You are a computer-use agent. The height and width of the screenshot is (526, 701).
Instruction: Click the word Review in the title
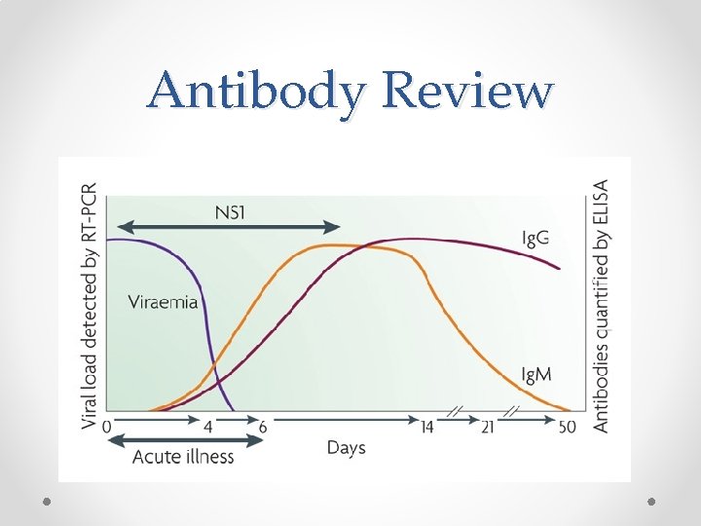click(x=468, y=91)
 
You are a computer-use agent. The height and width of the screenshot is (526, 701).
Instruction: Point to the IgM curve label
click(x=539, y=373)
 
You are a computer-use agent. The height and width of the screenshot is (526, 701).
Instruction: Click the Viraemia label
click(x=163, y=301)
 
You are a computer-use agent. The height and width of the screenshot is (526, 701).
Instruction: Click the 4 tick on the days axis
click(x=207, y=426)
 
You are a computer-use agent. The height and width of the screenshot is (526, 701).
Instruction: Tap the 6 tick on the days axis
click(x=262, y=426)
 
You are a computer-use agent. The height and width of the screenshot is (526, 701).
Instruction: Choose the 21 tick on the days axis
click(x=488, y=426)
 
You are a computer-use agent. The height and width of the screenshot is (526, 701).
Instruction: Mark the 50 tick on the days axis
click(x=567, y=426)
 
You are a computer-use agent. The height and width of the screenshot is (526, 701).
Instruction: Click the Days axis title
click(x=346, y=448)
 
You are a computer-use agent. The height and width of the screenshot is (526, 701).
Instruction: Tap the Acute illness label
click(x=183, y=456)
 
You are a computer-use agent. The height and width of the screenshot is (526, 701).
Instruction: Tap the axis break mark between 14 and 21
click(x=454, y=414)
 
